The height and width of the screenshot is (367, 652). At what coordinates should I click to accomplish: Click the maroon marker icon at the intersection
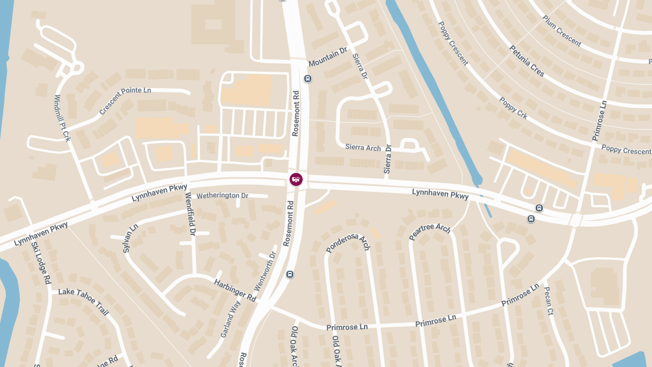(296, 179)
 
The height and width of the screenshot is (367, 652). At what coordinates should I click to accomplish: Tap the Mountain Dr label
(328, 57)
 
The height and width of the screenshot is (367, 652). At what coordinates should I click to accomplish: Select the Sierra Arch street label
(363, 147)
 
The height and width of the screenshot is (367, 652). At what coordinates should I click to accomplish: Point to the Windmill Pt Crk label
(63, 119)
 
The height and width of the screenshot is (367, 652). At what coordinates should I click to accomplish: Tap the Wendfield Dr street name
(190, 214)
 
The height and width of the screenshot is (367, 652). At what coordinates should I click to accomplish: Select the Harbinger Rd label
(235, 290)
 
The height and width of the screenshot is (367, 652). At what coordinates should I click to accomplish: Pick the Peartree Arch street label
(430, 232)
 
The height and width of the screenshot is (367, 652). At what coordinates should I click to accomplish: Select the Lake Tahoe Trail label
(84, 302)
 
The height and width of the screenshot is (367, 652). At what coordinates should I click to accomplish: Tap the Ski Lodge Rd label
(41, 263)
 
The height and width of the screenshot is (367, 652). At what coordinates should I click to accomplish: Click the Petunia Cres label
(526, 61)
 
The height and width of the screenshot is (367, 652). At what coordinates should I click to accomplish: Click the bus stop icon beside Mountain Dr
(308, 79)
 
